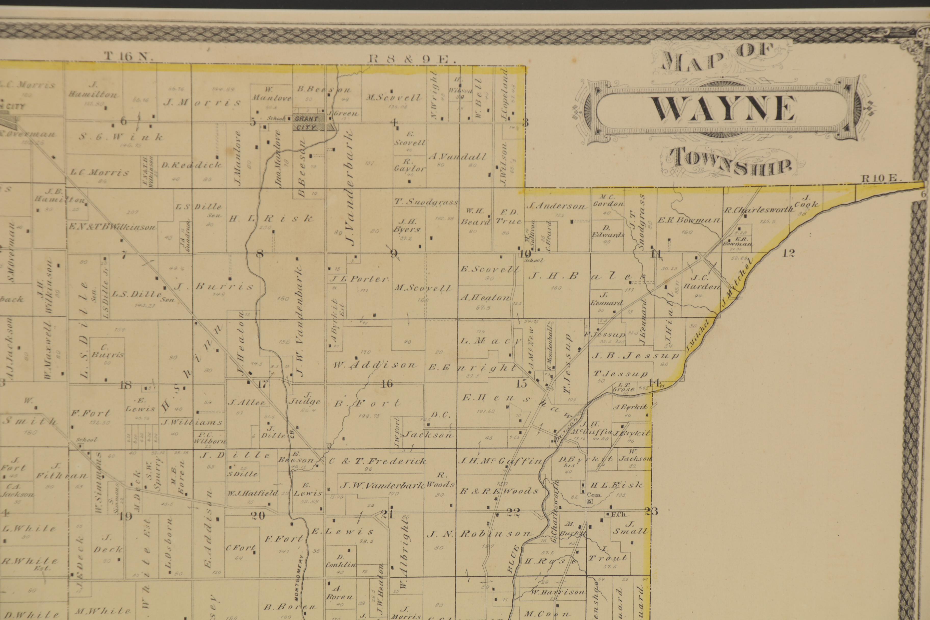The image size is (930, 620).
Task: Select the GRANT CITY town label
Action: (x=307, y=123)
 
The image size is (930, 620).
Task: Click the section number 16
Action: (x=387, y=383)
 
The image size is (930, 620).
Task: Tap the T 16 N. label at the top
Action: (x=128, y=57)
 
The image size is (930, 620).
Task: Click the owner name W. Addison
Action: (x=374, y=365)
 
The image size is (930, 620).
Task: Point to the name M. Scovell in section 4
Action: (x=393, y=97)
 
